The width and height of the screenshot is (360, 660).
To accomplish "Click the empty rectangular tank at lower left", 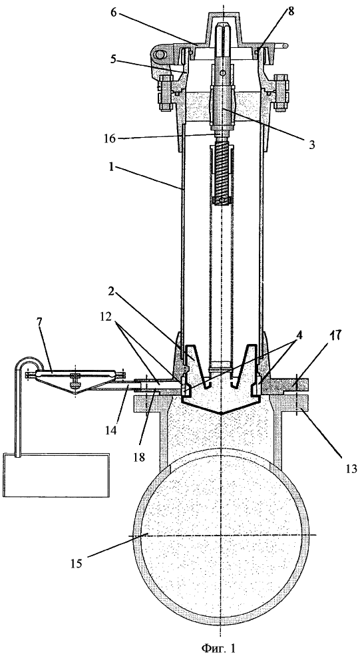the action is pos(56,477).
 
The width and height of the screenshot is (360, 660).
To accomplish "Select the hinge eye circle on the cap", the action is pos(160,55).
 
